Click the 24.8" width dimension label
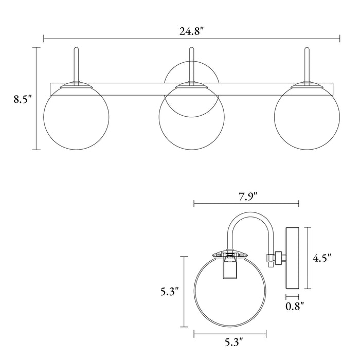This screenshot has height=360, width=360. (192, 31)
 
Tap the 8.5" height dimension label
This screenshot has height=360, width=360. (23, 99)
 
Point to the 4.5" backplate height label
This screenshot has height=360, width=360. (322, 258)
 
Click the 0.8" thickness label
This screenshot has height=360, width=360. (295, 306)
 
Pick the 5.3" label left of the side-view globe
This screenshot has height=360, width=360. (169, 292)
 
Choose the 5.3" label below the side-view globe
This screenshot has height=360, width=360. (233, 342)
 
